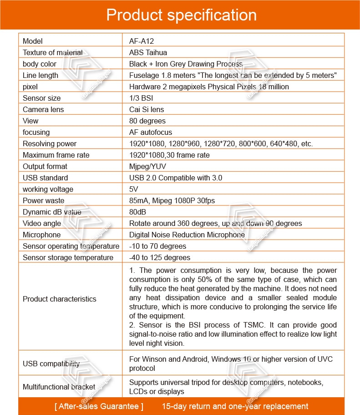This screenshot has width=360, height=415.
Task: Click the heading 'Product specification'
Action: (x=181, y=15)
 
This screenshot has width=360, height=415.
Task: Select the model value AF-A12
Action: (x=142, y=41)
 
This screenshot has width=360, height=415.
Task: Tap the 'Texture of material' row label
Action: (x=53, y=52)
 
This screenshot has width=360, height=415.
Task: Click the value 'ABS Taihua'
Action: (x=148, y=52)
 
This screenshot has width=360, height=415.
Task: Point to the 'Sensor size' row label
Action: (x=41, y=98)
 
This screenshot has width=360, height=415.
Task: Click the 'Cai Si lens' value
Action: (x=147, y=109)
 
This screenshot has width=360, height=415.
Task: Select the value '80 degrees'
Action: (x=147, y=121)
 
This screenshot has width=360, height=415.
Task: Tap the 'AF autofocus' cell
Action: (x=151, y=132)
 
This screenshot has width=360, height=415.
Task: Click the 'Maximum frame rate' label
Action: (x=56, y=155)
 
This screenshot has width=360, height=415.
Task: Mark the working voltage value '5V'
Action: (x=134, y=189)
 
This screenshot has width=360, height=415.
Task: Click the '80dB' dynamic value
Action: (x=138, y=212)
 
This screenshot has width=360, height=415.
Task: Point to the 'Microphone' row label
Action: (x=41, y=235)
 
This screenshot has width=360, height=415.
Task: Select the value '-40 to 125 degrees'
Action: (x=160, y=257)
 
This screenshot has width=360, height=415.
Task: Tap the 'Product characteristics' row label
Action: (x=60, y=299)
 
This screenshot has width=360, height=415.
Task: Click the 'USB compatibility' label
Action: (x=51, y=364)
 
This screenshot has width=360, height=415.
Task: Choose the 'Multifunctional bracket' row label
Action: (x=59, y=387)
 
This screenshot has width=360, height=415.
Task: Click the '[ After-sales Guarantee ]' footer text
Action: (x=99, y=406)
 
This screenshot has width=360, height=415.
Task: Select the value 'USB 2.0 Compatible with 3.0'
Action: (x=176, y=178)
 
